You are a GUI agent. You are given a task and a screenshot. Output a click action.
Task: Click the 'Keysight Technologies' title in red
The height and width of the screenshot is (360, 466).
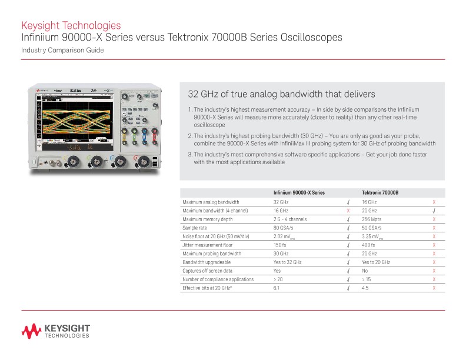pyautogui.click(x=71, y=25)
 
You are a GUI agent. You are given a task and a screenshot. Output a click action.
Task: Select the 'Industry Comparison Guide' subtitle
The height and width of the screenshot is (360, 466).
pyautogui.click(x=62, y=51)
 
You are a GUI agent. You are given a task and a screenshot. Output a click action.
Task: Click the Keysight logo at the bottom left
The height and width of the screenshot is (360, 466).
pyautogui.click(x=56, y=331)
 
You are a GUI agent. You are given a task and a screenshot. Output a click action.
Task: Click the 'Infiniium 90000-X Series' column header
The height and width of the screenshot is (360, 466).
pyautogui.click(x=299, y=192)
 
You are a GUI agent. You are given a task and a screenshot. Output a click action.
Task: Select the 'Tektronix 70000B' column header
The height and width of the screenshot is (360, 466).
pyautogui.click(x=380, y=192)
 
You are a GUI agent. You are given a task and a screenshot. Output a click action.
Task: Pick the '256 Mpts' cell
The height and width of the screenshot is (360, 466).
pyautogui.click(x=372, y=219)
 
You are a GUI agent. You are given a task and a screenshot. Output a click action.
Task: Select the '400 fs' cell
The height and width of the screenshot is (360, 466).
pyautogui.click(x=368, y=245)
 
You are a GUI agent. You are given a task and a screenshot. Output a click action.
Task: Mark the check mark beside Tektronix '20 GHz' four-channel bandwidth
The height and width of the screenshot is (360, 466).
pyautogui.click(x=434, y=211)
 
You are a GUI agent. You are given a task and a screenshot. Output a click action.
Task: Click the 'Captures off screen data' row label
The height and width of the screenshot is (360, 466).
pyautogui.click(x=208, y=271)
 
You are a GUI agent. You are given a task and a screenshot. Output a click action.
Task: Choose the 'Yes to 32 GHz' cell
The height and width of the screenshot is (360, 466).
pyautogui.click(x=288, y=262)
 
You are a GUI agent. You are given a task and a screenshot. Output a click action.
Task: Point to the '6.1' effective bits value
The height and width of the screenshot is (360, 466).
pyautogui.click(x=277, y=288)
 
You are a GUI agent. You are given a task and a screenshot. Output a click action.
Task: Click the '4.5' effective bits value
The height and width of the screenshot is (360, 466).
pyautogui.click(x=365, y=288)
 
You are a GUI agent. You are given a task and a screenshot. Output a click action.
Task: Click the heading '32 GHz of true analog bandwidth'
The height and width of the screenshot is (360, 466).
pyautogui.click(x=281, y=94)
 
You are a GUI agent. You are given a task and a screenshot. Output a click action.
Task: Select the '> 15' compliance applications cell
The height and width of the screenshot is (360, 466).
pyautogui.click(x=367, y=279)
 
